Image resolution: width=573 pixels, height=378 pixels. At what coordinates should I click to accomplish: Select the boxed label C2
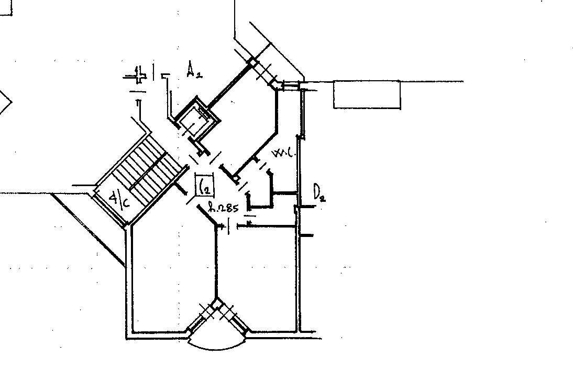point(204,185)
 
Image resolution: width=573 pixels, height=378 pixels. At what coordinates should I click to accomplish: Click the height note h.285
point(224,208)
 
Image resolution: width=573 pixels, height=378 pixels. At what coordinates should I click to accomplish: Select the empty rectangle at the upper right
point(367,94)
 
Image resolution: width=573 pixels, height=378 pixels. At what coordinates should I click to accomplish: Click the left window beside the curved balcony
point(202,318)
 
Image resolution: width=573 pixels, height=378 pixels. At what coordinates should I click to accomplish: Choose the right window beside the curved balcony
point(233,318)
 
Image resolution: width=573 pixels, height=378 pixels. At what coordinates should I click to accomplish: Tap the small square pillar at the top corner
point(252,62)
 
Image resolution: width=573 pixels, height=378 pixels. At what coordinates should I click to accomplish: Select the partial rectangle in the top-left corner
point(5,8)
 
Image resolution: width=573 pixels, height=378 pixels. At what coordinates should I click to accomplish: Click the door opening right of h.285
point(234,226)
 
